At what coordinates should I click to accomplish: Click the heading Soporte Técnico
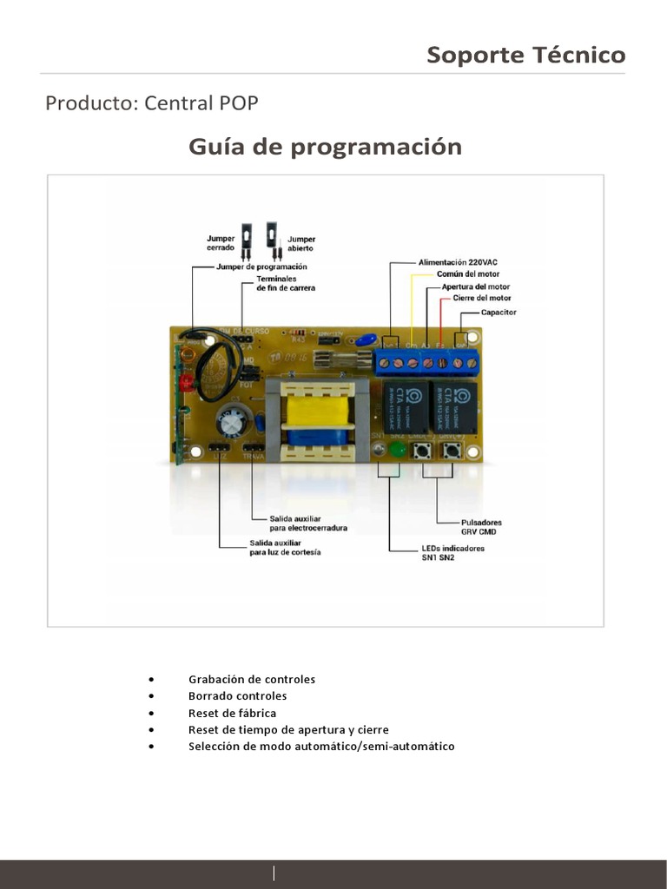pyautogui.click(x=525, y=55)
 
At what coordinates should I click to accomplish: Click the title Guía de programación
pyautogui.click(x=325, y=147)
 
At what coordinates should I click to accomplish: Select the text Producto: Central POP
pyautogui.click(x=152, y=103)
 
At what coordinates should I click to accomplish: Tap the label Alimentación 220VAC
pyautogui.click(x=458, y=262)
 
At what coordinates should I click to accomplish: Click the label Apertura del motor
pyautogui.click(x=476, y=286)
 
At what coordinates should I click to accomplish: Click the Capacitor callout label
pyautogui.click(x=499, y=312)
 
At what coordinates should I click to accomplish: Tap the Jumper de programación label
pyautogui.click(x=261, y=267)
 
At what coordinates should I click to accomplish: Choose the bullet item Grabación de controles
pyautogui.click(x=251, y=679)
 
